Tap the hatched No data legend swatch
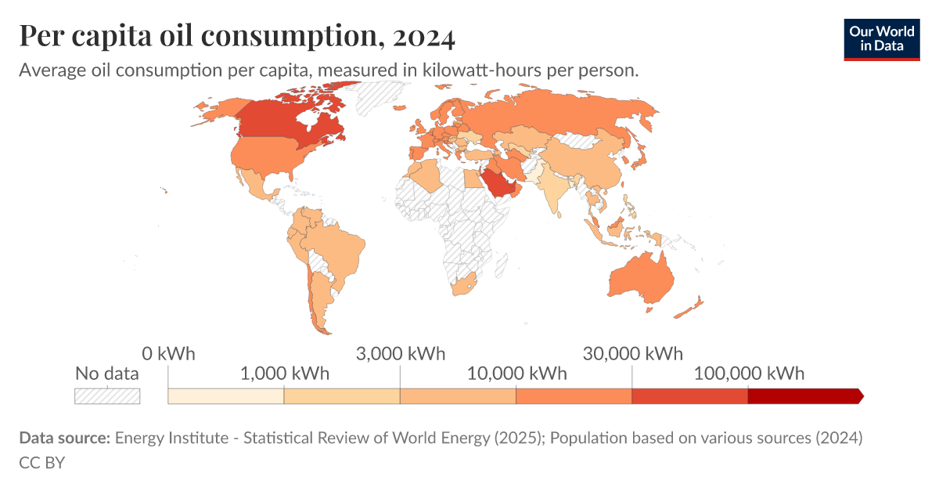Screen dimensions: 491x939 point(107,396)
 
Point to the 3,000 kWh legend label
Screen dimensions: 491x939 point(400,353)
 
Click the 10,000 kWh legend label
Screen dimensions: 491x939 point(516,373)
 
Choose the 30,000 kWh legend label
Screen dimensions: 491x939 point(632,353)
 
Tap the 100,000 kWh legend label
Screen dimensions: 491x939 point(748,373)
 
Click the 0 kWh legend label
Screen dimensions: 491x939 point(168,353)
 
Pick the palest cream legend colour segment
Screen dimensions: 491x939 point(226,396)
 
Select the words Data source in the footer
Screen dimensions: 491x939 point(64,438)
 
